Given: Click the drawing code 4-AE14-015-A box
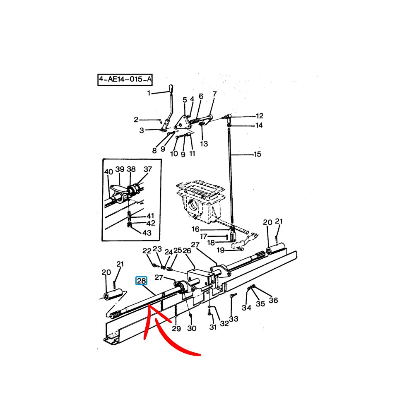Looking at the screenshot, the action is point(125,79).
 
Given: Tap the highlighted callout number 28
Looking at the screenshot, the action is point(141,281).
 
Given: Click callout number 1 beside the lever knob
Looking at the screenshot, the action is point(149,93).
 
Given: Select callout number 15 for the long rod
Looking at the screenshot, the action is point(258,154).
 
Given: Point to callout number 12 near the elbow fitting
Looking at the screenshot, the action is point(260,116).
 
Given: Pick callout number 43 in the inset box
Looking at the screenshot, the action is point(147,233).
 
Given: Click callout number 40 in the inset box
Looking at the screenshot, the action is point(108,172).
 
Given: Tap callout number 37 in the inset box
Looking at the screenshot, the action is point(148,169).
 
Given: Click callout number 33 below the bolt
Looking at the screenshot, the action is point(233,319).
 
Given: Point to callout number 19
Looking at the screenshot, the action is point(221,250).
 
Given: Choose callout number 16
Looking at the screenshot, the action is point(195,229).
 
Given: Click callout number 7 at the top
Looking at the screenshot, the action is point(214,94).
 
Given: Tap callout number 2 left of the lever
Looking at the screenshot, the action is point(136,120).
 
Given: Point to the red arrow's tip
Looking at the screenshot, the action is point(149,305).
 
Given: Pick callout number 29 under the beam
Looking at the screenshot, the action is point(176,328).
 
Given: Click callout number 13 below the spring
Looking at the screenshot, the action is point(204,144).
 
